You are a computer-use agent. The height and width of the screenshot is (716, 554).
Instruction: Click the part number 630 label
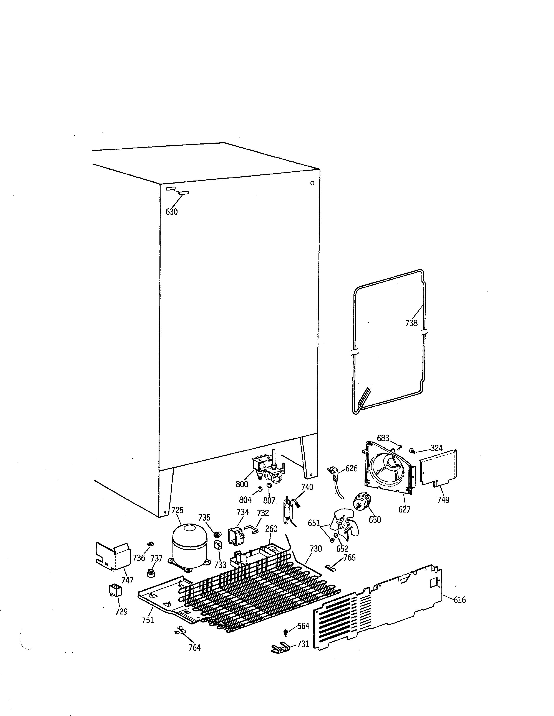coord(171,212)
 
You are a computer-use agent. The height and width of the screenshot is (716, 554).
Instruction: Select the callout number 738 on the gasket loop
coord(411,323)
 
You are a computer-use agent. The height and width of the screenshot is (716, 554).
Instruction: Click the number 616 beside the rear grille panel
coord(460,600)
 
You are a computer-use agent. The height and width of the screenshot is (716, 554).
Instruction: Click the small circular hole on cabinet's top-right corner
coord(312,183)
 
